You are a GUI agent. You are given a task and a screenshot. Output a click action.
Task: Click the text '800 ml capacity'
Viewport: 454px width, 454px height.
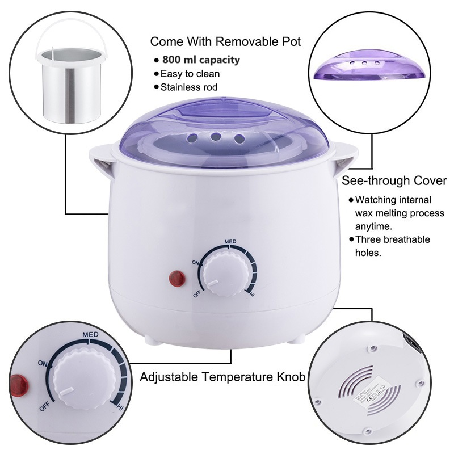[201, 60]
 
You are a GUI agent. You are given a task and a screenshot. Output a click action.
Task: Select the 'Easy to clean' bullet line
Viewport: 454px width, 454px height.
[190, 74]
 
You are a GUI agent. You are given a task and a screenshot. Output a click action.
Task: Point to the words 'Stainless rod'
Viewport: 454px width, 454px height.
[190, 87]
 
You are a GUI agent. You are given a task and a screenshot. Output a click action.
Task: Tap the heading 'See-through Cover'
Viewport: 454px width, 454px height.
[394, 181]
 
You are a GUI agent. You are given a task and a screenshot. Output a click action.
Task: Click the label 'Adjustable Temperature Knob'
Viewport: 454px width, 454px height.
[223, 377]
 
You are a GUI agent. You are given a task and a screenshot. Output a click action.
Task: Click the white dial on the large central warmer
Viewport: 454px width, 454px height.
[224, 272]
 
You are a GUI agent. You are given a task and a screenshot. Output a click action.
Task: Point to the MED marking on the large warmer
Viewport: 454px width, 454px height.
[230, 241]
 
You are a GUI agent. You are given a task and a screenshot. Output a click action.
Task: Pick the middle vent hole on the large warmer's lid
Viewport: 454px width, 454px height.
[215, 136]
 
